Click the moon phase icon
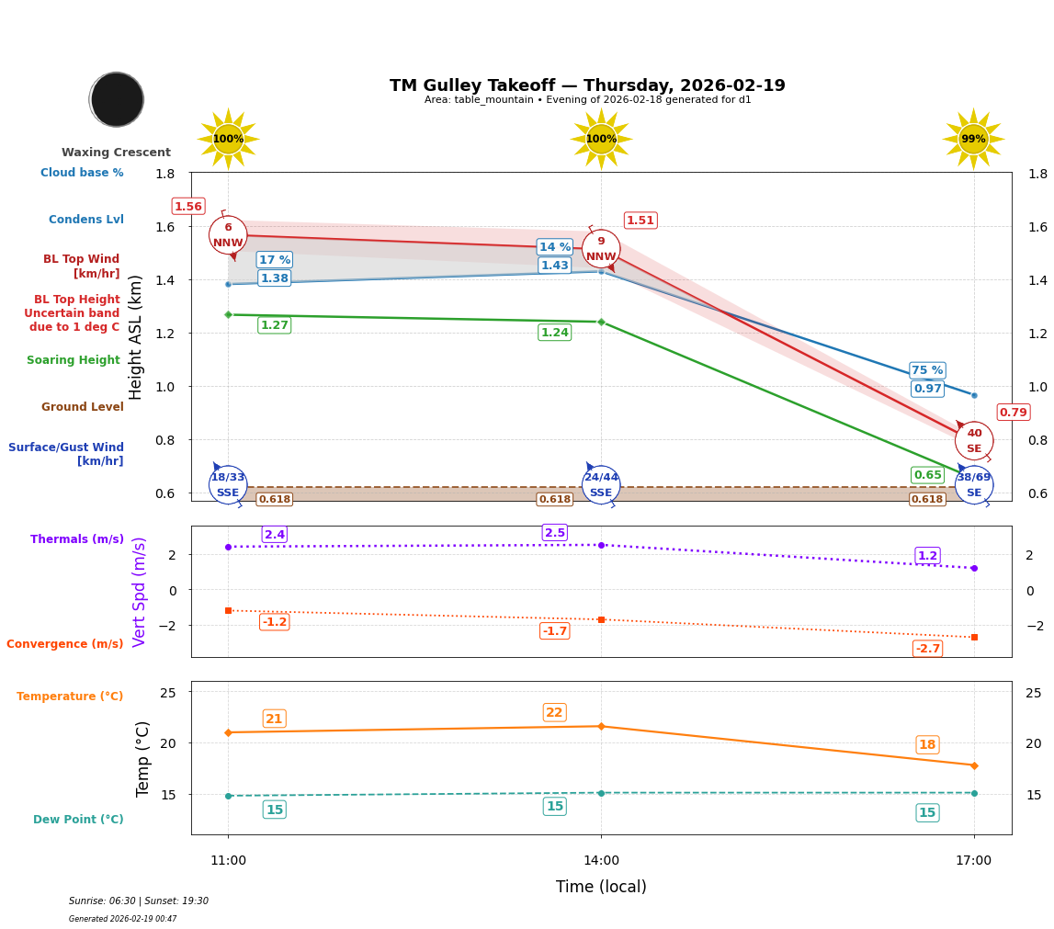click(x=117, y=99)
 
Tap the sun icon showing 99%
click(x=973, y=140)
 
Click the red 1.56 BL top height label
click(x=188, y=207)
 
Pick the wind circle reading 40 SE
click(x=974, y=441)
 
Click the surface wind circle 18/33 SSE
click(x=228, y=485)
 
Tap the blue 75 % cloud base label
click(x=927, y=370)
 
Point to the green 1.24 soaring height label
click(x=554, y=333)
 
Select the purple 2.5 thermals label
click(x=555, y=533)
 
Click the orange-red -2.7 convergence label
click(x=927, y=649)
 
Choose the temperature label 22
click(x=554, y=713)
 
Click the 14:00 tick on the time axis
click(x=601, y=861)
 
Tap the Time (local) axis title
click(x=601, y=887)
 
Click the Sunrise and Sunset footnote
click(x=139, y=901)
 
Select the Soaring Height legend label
click(x=74, y=360)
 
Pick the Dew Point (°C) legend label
click(x=78, y=820)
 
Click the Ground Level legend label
click(x=83, y=407)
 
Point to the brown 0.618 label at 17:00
click(x=927, y=500)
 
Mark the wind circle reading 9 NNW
click(x=601, y=249)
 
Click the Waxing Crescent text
click(x=116, y=153)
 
